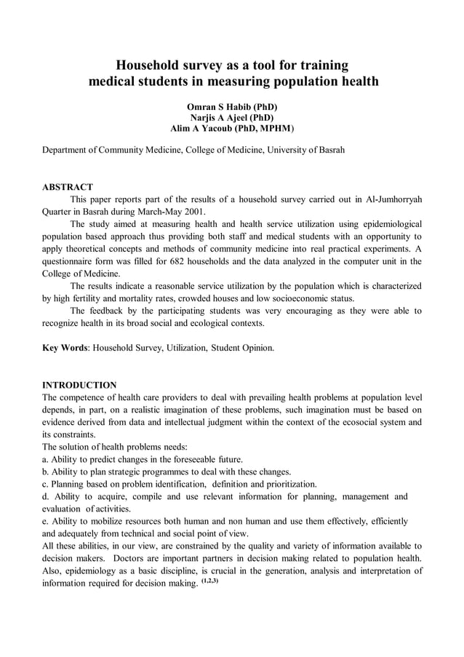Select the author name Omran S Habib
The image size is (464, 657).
pos(217,107)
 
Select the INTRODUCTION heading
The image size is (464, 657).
pos(79,384)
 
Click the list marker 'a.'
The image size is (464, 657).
pos(45,459)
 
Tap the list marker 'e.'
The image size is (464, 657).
pos(45,521)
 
